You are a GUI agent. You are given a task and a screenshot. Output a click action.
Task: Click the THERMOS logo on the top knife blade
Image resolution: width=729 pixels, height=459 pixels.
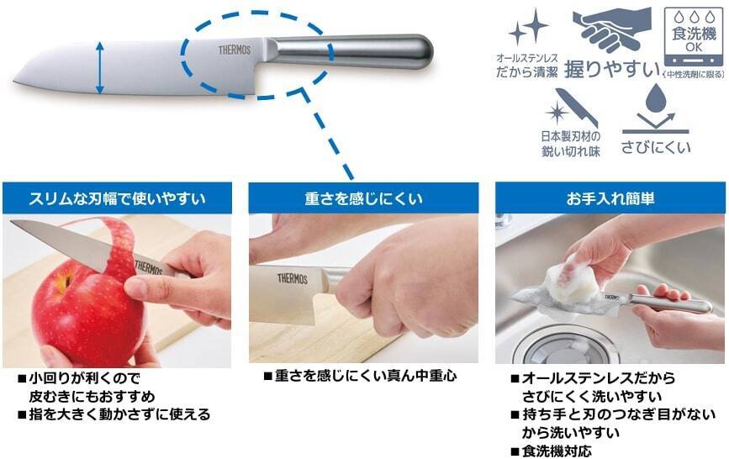click(x=235, y=50)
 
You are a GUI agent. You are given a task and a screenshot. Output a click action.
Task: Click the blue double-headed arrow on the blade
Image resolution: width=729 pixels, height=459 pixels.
click(x=100, y=67)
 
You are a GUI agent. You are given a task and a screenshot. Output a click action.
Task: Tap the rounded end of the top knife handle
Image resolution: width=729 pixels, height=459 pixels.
click(x=424, y=51)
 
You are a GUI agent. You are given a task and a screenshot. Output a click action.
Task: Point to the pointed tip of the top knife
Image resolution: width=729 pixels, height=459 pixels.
click(x=14, y=82)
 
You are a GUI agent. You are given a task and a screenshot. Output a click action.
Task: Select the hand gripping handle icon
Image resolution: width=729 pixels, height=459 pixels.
click(x=611, y=29)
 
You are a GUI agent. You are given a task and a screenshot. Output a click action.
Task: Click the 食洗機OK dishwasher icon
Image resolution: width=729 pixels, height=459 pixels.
click(x=693, y=37)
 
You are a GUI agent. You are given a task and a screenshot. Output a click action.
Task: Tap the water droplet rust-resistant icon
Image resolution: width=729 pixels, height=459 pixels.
click(x=655, y=108)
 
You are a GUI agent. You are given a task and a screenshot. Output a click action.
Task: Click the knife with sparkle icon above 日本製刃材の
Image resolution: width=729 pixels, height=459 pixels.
click(x=571, y=108)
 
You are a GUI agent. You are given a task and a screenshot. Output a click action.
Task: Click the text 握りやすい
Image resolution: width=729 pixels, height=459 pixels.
click(x=612, y=70)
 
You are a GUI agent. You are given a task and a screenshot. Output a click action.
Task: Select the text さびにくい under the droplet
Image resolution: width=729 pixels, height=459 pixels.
click(x=656, y=147)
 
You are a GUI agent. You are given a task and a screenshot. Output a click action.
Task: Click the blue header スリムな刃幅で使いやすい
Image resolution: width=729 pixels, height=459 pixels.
click(x=117, y=198)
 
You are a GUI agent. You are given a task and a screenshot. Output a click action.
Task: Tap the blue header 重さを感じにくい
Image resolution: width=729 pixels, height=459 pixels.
click(x=363, y=198)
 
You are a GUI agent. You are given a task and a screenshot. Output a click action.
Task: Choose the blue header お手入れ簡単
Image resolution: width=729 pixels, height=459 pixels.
click(x=610, y=198)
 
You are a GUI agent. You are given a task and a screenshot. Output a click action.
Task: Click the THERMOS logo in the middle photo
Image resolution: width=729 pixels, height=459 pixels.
click(x=293, y=278)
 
